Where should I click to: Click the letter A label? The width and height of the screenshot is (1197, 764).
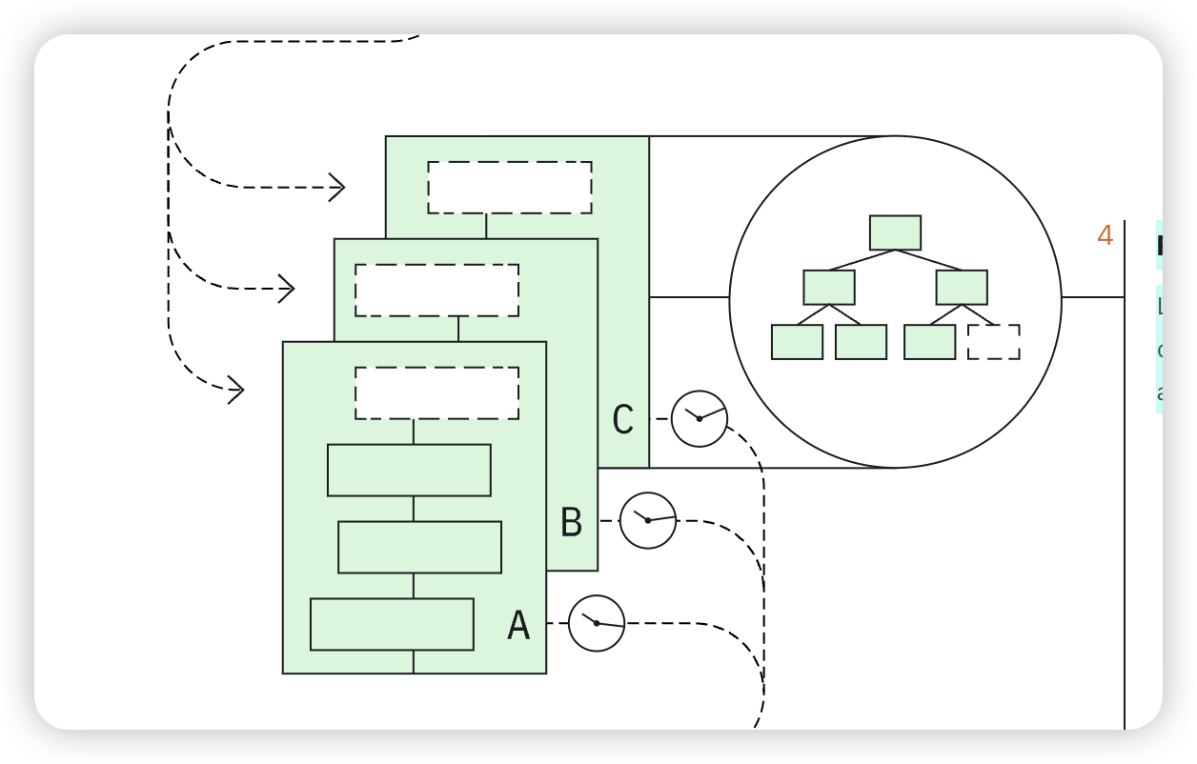518,626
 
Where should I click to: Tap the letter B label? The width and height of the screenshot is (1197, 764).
571,523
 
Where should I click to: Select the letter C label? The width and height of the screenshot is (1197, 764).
622,420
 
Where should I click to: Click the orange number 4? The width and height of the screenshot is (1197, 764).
1106,235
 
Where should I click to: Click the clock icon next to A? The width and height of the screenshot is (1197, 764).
597,623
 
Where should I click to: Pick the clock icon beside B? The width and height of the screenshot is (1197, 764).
648,520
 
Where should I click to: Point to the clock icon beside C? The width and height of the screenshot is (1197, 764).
700,418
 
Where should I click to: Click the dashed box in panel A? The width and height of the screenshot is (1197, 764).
436,393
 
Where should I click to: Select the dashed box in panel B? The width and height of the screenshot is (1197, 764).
436,291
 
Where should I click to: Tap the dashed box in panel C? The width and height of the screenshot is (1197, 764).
510,188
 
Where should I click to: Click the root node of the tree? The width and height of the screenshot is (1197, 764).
895,232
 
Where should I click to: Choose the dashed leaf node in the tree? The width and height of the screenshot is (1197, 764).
993,342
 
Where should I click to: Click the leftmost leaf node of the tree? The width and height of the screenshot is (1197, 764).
797,342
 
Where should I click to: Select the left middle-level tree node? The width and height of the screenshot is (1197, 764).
828,288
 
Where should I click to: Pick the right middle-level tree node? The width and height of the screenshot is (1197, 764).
962,288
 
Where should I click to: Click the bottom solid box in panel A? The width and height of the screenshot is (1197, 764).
392,624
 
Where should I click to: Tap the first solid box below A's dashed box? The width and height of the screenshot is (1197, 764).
409,470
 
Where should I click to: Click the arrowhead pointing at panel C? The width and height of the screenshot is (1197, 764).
337,188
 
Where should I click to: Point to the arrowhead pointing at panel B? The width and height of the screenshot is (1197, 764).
287,289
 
